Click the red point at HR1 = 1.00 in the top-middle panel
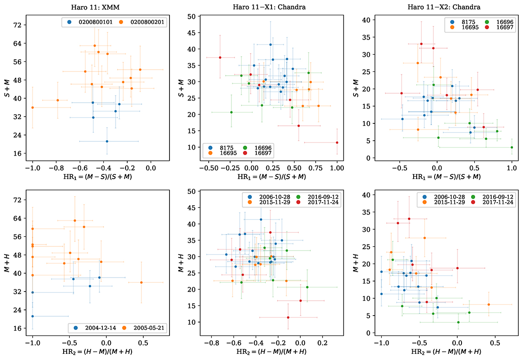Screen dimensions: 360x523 coord(337,143)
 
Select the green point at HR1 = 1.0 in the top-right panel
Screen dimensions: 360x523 coord(512,147)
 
